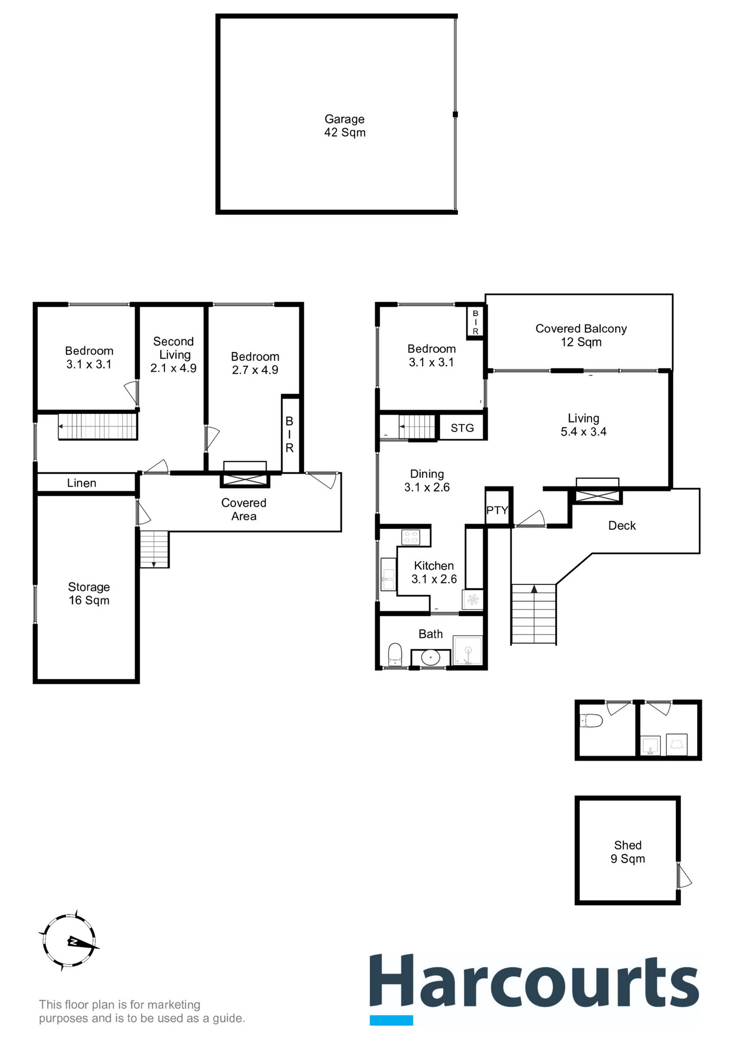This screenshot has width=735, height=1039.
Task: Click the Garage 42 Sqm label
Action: (345, 126)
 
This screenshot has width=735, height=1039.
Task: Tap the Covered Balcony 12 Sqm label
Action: (581, 335)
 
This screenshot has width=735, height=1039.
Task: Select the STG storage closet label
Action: (462, 428)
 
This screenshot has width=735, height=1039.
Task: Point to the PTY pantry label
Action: (497, 510)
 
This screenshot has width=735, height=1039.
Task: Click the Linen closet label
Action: (82, 483)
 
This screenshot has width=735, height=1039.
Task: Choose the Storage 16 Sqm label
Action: (89, 594)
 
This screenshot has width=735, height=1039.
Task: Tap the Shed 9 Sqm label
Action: (628, 852)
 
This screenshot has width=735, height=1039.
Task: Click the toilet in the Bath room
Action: (395, 653)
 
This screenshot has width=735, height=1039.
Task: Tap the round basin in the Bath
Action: (430, 658)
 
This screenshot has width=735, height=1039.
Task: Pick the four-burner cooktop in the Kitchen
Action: (410, 537)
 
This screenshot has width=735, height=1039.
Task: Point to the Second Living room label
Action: (173, 354)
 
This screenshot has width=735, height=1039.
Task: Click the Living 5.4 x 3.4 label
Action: (583, 425)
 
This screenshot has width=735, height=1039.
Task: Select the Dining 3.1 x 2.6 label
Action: (427, 481)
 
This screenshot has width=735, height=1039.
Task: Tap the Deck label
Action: (622, 525)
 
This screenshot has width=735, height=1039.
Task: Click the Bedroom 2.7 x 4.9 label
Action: (255, 363)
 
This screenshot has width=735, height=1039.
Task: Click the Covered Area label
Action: (244, 509)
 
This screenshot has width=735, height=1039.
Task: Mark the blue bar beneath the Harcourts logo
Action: (391, 1020)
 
